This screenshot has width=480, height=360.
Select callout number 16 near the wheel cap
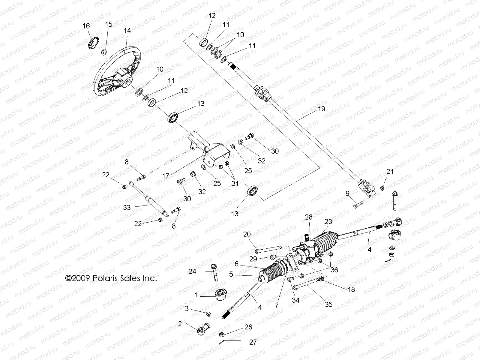coord(86,26)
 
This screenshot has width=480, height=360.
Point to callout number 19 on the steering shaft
coord(321,109)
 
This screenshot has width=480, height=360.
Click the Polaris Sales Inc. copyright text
coord(111,278)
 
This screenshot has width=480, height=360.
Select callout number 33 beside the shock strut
coord(127,207)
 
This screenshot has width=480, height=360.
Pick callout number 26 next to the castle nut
coord(248,327)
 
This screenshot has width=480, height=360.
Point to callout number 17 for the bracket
coord(166,176)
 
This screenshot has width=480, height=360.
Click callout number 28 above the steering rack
coord(309,217)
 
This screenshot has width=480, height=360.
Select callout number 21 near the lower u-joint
coord(390,172)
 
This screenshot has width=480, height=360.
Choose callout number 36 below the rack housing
coord(334,270)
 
